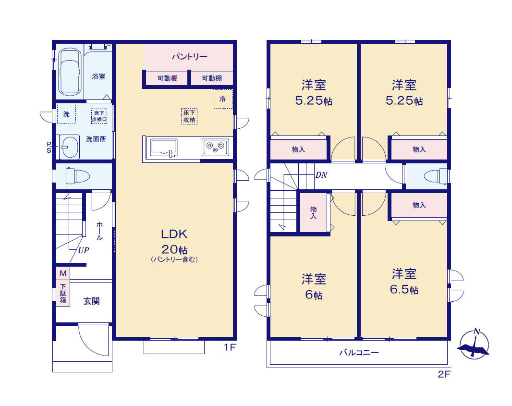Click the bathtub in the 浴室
[x=70, y=72]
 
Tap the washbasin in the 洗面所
[x=70, y=147]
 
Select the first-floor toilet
[x=78, y=176]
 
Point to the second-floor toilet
[x=436, y=177]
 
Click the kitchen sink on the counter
[x=164, y=148]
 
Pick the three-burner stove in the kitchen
[x=216, y=147]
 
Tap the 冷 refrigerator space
[x=223, y=98]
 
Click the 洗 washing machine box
[x=67, y=114]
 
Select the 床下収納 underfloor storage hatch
[x=189, y=116]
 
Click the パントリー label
[x=190, y=57]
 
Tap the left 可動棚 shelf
[x=167, y=78]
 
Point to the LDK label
[x=174, y=234]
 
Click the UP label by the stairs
[x=84, y=250]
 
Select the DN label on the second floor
[x=321, y=175]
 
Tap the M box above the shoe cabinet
[x=63, y=273]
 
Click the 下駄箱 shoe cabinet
[x=63, y=293]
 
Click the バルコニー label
[x=359, y=353]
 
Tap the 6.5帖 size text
[x=404, y=289]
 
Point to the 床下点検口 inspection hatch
[x=99, y=116]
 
